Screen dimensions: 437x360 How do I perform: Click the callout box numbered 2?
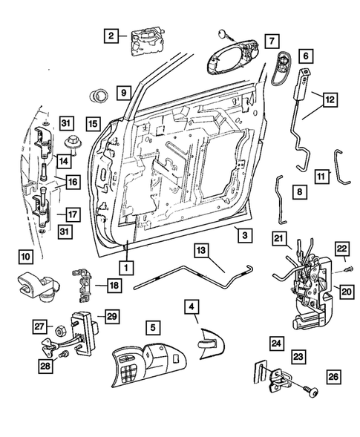[x=111, y=35]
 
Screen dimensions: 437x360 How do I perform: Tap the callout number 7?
[x=271, y=40]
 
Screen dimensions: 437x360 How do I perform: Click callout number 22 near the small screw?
[x=342, y=249]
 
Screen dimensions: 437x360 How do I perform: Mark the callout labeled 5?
[x=152, y=325]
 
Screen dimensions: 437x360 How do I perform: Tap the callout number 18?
[x=112, y=285]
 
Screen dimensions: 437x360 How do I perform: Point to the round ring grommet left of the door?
[x=97, y=95]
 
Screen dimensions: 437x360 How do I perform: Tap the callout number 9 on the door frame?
[x=123, y=93]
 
